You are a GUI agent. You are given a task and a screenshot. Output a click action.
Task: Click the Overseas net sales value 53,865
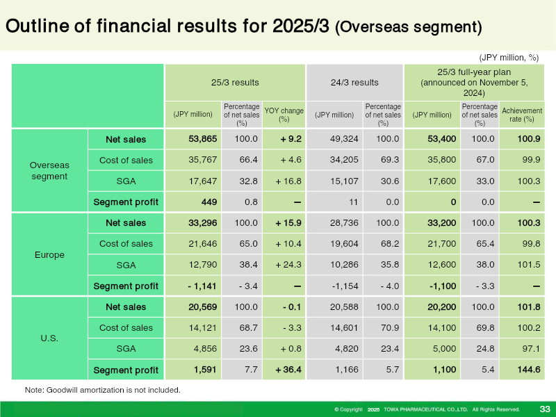[202, 138]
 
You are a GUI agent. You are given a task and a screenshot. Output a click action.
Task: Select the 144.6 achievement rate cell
[529, 370]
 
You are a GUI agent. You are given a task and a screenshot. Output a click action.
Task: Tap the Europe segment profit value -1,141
[202, 286]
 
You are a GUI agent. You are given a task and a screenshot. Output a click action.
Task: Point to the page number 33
[545, 409]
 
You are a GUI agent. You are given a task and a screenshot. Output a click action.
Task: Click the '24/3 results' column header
[354, 82]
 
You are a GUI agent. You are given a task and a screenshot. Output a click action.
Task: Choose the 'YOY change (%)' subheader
[284, 115]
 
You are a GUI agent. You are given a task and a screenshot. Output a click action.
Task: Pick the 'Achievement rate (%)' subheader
[522, 115]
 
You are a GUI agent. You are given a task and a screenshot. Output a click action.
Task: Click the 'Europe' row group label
[49, 254]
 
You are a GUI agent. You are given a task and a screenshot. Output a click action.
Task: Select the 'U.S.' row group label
[49, 338]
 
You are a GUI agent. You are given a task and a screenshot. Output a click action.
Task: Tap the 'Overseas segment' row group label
[49, 170]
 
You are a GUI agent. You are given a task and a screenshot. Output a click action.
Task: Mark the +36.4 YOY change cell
[288, 370]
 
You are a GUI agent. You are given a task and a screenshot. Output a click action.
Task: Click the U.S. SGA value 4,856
[205, 349]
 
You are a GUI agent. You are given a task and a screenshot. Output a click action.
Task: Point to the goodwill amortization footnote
[102, 390]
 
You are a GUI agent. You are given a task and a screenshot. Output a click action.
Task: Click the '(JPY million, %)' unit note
[509, 58]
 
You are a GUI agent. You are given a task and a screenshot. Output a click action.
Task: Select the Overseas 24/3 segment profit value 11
[353, 202]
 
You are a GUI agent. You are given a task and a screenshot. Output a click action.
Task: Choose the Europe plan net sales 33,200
[442, 222]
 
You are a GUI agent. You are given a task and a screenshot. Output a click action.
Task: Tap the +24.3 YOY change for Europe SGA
[288, 265]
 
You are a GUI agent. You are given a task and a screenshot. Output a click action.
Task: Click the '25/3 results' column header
[235, 82]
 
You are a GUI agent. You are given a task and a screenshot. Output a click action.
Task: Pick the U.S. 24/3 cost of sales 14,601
[344, 327]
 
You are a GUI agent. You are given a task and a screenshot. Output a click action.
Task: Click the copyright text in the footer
[427, 409]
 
